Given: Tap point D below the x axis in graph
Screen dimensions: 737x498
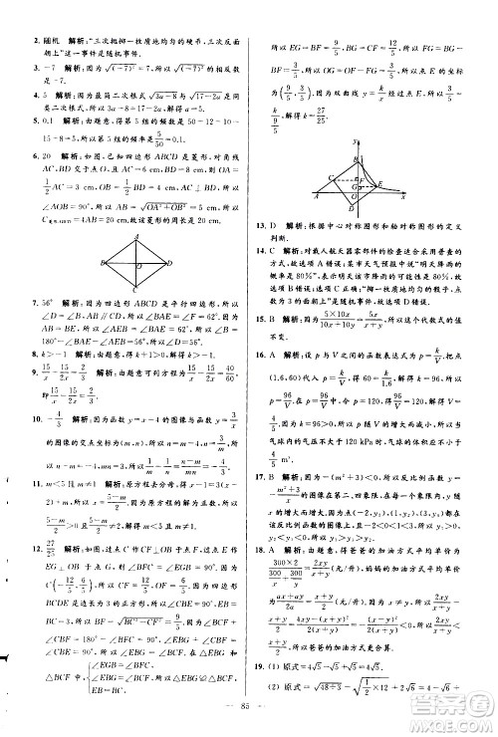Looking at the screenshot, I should point(353,209).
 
